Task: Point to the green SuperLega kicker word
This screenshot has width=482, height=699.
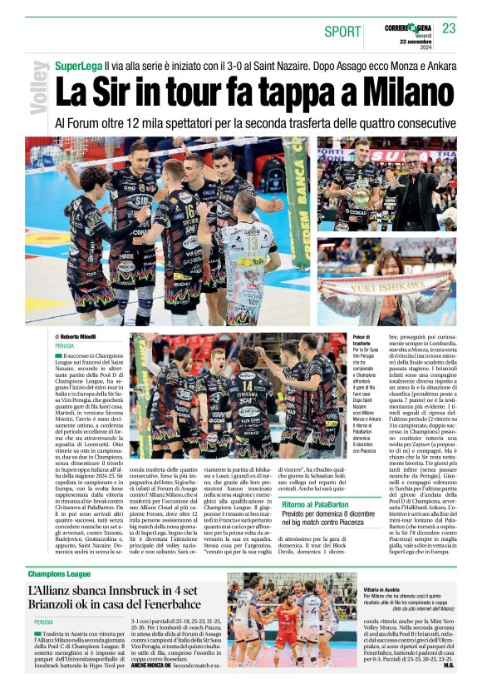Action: (x=79, y=65)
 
